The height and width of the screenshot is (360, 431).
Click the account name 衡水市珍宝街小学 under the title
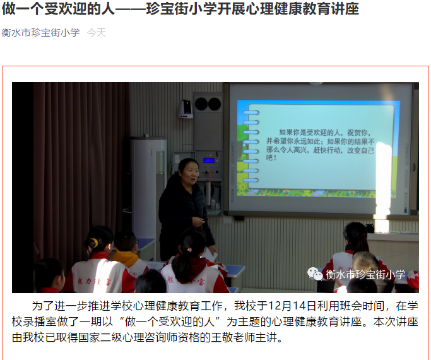click(40, 33)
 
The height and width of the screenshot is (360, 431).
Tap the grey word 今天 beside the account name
click(97, 33)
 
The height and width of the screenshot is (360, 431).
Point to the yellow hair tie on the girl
click(94, 243)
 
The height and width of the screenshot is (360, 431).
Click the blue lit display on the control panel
click(209, 160)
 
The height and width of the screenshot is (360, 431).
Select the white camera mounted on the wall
click(185, 109)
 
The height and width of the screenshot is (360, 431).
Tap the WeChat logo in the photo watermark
click(315, 274)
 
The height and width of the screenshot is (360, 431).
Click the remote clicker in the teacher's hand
click(204, 219)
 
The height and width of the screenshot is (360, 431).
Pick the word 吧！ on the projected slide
click(271, 158)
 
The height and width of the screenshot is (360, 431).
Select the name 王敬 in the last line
click(222, 337)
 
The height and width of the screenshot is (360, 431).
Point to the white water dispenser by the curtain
click(148, 187)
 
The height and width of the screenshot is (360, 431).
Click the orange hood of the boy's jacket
click(125, 258)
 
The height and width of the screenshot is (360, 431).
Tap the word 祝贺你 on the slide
click(357, 133)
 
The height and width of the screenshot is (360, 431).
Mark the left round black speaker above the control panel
click(201, 104)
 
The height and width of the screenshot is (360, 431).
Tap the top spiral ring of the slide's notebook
click(251, 112)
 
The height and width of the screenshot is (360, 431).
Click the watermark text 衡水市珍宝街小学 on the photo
click(365, 274)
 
